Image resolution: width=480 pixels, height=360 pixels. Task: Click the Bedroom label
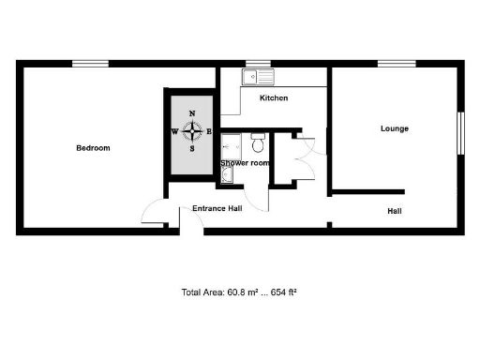point(93,148)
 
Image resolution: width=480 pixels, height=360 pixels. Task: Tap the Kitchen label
point(274,97)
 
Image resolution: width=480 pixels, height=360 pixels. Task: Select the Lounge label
point(394,128)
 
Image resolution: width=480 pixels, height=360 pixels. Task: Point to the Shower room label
point(246,163)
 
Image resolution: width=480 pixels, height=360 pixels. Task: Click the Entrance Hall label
point(217,208)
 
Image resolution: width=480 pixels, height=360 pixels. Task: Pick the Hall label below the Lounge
point(395,211)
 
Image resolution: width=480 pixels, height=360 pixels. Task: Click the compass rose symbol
point(192,131)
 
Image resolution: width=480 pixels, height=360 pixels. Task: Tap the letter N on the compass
point(192,113)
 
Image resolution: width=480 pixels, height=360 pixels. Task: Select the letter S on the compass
point(192,148)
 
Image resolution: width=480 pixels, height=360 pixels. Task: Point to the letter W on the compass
point(174,131)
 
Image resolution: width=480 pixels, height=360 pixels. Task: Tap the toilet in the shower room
point(259,142)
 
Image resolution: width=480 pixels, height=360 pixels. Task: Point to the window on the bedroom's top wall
point(91,63)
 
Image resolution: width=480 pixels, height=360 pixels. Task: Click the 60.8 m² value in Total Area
point(242,292)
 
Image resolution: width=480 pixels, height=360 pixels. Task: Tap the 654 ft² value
point(283,292)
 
